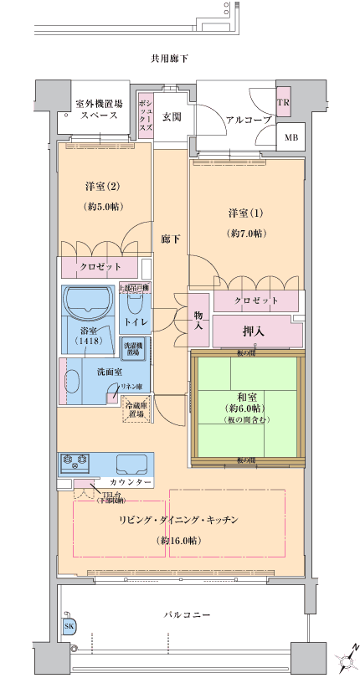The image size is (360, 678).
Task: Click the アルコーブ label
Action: point(225,121)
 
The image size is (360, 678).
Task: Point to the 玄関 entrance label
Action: point(172,116)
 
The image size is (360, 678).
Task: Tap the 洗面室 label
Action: point(110,371)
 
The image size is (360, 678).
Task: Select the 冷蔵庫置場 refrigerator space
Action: point(135,408)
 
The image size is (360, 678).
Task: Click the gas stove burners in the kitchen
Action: point(75,460)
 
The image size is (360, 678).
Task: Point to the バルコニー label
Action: point(186,616)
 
